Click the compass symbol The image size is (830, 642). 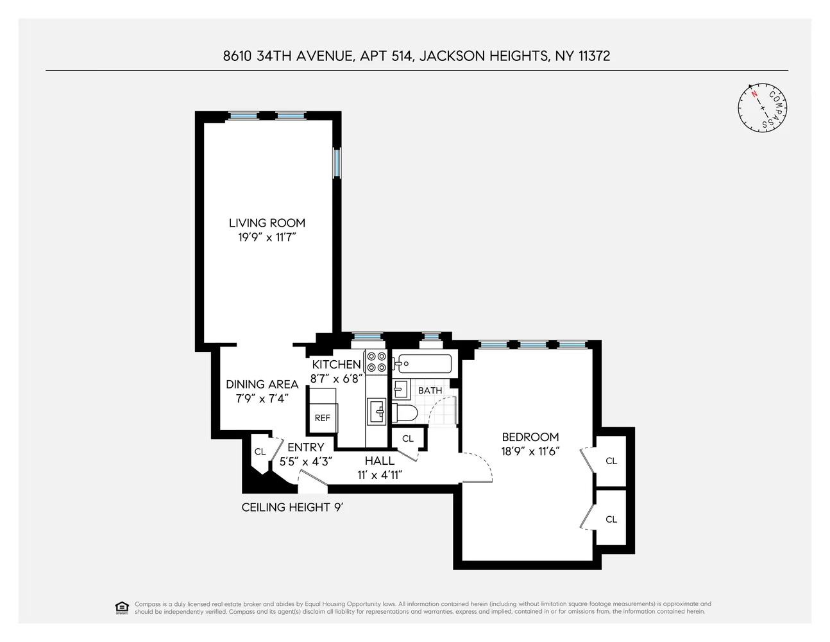coord(763,108)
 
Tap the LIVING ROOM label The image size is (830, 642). coord(267,223)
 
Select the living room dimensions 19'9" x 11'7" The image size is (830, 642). coord(267,238)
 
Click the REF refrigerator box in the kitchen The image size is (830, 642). coord(322,418)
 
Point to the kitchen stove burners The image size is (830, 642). coord(376,362)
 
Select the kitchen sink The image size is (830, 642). coord(376,411)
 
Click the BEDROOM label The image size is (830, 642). coord(530,437)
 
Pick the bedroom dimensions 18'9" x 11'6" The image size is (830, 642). coord(530,451)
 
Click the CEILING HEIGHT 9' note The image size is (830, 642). coord(292,507)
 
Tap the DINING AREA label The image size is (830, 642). coord(262,385)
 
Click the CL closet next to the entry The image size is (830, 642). coord(260,452)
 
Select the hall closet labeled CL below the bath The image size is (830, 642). coord(407,439)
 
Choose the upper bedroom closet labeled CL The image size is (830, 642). coord(611,461)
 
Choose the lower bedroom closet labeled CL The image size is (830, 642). coord(611,519)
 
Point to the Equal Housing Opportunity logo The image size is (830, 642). coord(121,607)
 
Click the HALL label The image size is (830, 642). coord(380,461)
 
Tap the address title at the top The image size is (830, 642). coord(416,56)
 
